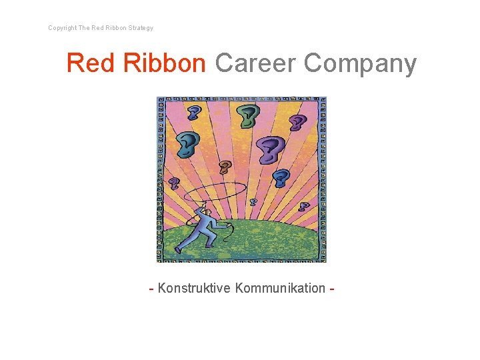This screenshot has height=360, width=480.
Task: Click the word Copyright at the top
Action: [62, 28]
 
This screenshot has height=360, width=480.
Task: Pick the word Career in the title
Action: [255, 63]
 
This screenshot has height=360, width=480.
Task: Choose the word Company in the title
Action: [361, 63]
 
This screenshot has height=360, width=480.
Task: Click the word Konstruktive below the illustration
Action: [194, 288]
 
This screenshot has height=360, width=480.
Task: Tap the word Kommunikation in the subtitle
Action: [280, 288]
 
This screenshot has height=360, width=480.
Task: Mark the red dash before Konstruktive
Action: [152, 289]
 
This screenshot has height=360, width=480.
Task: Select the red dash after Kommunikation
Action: [331, 289]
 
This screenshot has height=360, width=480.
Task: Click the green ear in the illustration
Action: [248, 117]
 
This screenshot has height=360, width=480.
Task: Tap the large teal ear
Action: [187, 142]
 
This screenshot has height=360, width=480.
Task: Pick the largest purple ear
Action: [270, 148]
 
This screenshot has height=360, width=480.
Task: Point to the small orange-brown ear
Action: [225, 167]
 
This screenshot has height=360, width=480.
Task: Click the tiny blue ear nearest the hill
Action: [253, 201]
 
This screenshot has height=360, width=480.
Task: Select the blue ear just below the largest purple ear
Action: [281, 178]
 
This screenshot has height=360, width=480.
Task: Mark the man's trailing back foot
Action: [179, 250]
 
